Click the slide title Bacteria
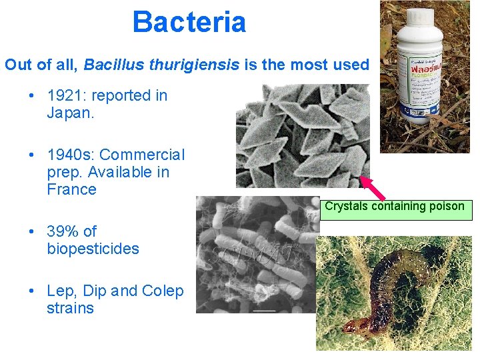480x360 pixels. click(189, 21)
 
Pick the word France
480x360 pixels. click(71, 189)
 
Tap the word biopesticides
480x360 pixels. click(93, 249)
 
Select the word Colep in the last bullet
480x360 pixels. click(163, 291)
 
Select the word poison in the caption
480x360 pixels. click(447, 206)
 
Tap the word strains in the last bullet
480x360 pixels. click(70, 308)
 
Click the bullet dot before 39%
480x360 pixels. click(32, 232)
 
